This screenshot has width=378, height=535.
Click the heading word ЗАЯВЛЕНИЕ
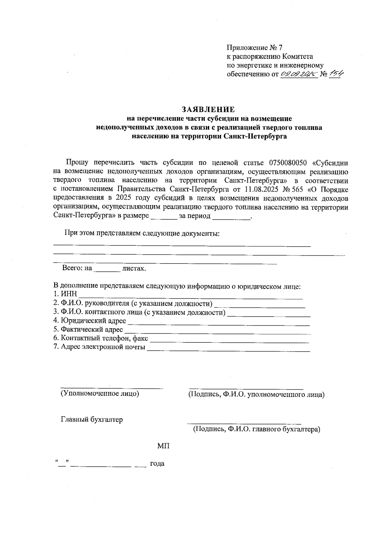(x=208, y=110)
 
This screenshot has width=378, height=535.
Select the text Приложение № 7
(x=255, y=48)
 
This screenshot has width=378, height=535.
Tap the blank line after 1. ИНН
(x=191, y=296)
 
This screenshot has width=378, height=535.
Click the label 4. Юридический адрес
(x=90, y=321)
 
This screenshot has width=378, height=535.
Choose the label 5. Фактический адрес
(x=88, y=329)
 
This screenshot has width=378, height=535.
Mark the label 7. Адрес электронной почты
(x=100, y=347)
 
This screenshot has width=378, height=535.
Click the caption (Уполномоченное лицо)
(x=100, y=393)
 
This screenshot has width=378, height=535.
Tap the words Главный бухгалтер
(x=92, y=420)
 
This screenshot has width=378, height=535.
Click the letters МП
(x=163, y=446)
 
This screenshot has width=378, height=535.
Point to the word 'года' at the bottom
(x=157, y=464)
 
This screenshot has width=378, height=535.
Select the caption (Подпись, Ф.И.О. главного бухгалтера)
(x=256, y=429)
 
